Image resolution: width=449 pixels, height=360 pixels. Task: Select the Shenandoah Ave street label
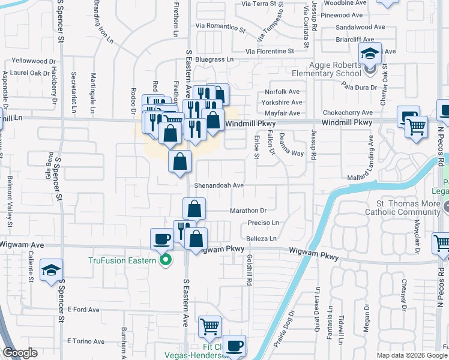pyautogui.click(x=218, y=186)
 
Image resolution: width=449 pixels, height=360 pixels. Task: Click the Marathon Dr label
pyautogui.click(x=248, y=211)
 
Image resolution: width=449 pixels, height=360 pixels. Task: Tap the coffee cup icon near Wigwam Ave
pyautogui.click(x=161, y=238)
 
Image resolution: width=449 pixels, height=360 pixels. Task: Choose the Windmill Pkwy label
pyautogui.click(x=347, y=122)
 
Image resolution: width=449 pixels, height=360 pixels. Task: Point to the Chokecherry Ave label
pyautogui.click(x=348, y=113)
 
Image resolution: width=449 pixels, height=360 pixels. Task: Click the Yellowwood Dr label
pyautogui.click(x=34, y=61)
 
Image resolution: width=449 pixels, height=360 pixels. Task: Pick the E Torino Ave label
pyautogui.click(x=86, y=341)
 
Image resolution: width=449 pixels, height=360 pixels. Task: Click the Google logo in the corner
pyautogui.click(x=20, y=353)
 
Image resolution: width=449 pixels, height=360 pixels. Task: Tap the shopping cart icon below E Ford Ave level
pyautogui.click(x=209, y=326)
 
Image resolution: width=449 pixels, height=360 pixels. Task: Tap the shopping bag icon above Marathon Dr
pyautogui.click(x=194, y=208)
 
